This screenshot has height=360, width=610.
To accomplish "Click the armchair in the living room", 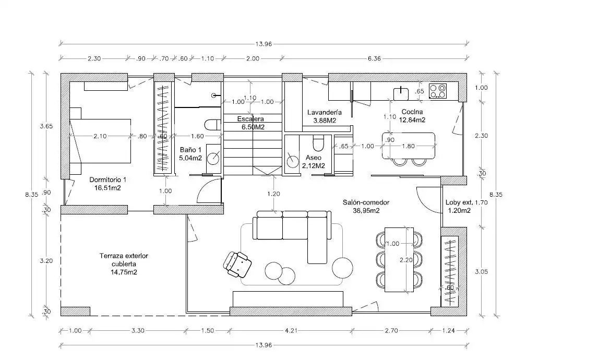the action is coord(237,265).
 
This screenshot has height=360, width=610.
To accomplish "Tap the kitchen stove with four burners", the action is coord(438,91).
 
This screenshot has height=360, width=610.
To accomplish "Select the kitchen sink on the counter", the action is coord(401,94).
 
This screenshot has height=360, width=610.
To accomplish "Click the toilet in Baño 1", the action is coord(212,124).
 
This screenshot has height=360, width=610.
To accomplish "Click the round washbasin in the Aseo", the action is coord(292,160).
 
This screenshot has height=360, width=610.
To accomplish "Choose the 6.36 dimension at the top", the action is coord(374,59).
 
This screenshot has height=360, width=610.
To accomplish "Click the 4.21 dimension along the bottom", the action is coord(291,330).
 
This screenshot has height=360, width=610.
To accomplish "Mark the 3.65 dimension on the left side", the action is coord(46,126).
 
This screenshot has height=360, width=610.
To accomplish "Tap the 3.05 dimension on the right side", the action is coord(481,272).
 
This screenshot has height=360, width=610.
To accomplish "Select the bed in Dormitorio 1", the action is coord(100,141).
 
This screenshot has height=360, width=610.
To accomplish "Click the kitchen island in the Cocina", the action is coord(409,146).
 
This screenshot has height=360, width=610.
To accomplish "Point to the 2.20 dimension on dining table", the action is coord(406,260).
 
